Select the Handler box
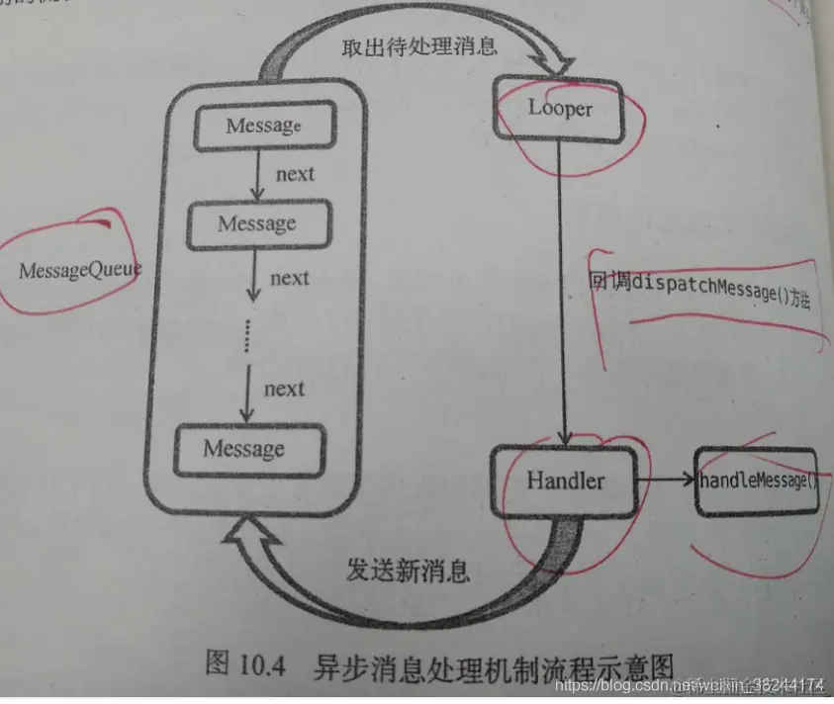(565, 482)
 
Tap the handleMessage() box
(758, 482)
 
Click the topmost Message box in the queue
(261, 126)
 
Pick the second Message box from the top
(257, 224)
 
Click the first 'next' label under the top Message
(295, 174)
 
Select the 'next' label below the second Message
(289, 278)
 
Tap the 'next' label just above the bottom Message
(284, 389)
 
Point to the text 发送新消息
(408, 571)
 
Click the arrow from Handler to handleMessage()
(665, 482)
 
